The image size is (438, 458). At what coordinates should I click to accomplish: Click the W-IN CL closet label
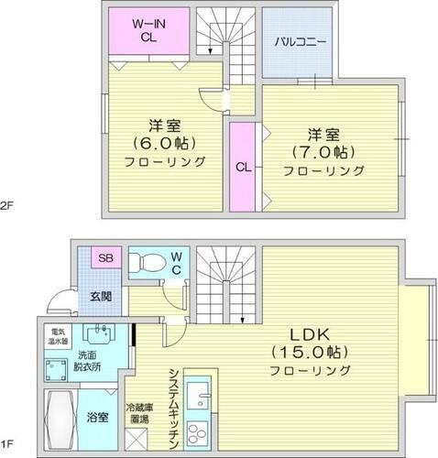pos(146,30)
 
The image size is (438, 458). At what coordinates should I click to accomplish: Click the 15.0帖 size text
pos(311,351)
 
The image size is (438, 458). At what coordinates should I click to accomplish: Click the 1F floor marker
pos(8,450)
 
